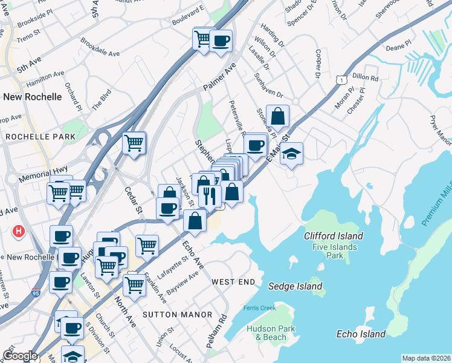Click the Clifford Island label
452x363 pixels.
tap(334, 237)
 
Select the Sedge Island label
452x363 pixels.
tap(295, 286)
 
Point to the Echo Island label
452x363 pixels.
tap(361, 334)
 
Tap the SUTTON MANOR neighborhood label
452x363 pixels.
tap(177, 315)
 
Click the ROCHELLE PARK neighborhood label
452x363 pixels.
tap(40, 137)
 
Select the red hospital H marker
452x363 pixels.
tap(19, 231)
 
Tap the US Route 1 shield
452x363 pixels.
tap(342, 79)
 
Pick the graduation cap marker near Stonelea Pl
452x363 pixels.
tap(291, 154)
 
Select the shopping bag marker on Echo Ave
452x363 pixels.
tap(195, 220)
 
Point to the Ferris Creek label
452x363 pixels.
tap(259, 308)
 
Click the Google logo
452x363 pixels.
tap(20, 356)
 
